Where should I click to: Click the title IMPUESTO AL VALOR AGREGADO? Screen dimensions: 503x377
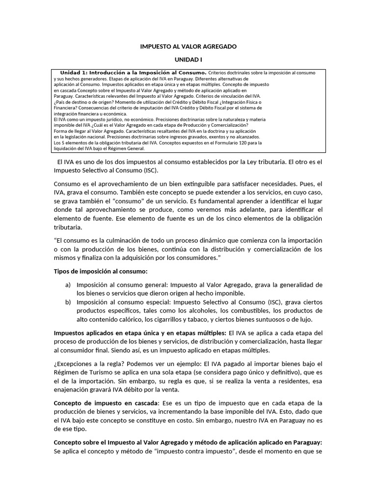click(x=188, y=46)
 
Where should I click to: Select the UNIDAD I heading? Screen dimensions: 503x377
click(x=188, y=59)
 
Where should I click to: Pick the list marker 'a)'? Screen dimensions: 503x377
click(x=68, y=284)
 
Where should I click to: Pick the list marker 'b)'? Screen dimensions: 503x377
click(x=68, y=302)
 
